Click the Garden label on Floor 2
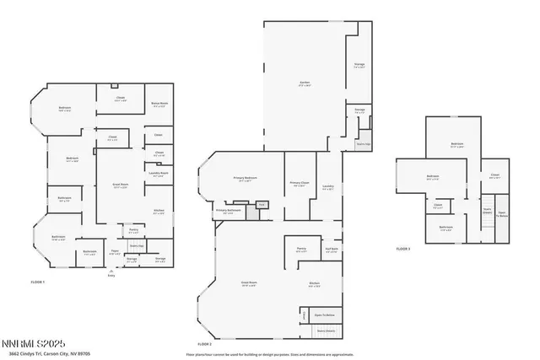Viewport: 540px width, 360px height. (305, 83)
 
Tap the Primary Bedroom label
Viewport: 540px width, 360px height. (245, 179)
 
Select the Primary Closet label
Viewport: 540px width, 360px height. (300, 184)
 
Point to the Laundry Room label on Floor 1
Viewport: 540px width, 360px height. (159, 174)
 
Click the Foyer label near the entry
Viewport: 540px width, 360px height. (115, 250)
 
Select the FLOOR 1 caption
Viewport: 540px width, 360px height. (37, 281)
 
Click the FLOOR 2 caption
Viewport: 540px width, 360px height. (205, 344)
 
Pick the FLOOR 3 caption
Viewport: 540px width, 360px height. (403, 249)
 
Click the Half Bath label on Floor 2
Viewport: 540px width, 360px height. (332, 249)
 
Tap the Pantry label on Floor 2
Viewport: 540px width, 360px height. (300, 249)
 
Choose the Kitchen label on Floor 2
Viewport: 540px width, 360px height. (313, 283)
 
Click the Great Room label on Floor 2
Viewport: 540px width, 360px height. (249, 283)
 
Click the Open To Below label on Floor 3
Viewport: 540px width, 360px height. (501, 214)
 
